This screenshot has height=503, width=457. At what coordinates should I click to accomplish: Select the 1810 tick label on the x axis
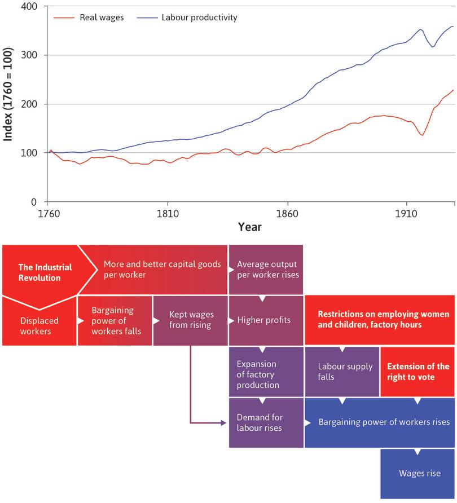[168, 215]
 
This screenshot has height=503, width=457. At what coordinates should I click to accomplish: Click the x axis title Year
[249, 227]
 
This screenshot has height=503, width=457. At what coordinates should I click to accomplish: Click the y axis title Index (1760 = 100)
[8, 104]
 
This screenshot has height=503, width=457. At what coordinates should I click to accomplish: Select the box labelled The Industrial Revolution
[39, 272]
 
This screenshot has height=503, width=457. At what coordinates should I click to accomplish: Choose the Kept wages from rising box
[190, 320]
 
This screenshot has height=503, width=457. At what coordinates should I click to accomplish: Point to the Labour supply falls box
[342, 371]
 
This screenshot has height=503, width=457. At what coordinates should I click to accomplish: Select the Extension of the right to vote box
[418, 371]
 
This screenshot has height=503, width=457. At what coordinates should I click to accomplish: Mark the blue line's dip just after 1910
[433, 47]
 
